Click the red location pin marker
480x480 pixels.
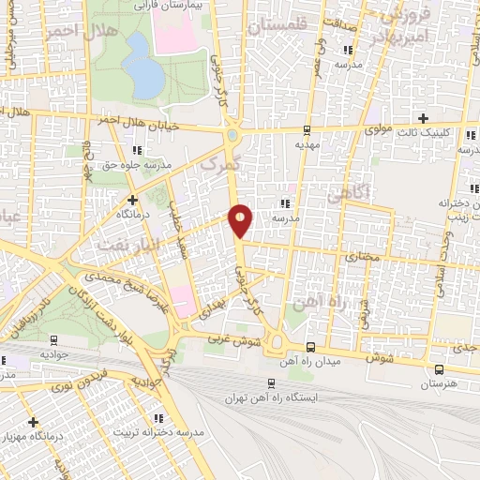pos(241,219)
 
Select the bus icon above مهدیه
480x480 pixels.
pos(307,129)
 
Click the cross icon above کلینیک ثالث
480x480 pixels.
pos(424,118)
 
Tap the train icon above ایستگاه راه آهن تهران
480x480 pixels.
pos(271,382)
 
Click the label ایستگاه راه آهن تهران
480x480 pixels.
pos(272,398)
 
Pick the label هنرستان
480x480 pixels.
pos(438,384)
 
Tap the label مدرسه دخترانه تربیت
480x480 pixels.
pos(158,432)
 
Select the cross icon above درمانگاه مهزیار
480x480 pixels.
pos(34,422)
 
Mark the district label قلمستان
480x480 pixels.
pos(277,25)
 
